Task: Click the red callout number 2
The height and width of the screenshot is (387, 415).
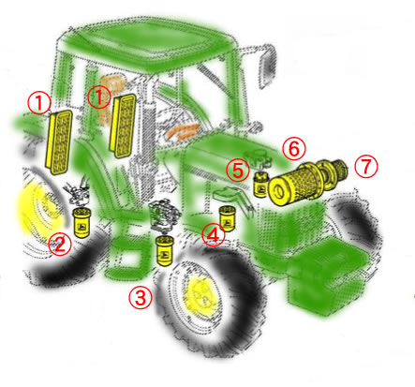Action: coord(60,244)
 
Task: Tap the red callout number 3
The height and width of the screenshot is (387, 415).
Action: coord(141,298)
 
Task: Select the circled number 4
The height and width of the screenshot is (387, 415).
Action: coord(213,235)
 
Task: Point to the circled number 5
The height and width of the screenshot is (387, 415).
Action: coord(238,171)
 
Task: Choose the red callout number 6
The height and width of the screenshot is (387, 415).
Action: coord(294,149)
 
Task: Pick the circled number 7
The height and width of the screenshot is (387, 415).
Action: coord(366,167)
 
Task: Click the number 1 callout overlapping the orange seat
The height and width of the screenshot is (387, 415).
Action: coord(99,97)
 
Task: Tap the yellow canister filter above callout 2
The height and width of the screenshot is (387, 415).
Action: coord(81,223)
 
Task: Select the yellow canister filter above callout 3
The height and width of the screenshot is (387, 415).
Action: coord(165,251)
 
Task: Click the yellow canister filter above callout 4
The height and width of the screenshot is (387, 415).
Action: coord(227,218)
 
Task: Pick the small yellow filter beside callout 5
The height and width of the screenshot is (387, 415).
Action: coord(261,185)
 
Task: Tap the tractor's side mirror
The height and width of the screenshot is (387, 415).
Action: coord(266,67)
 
